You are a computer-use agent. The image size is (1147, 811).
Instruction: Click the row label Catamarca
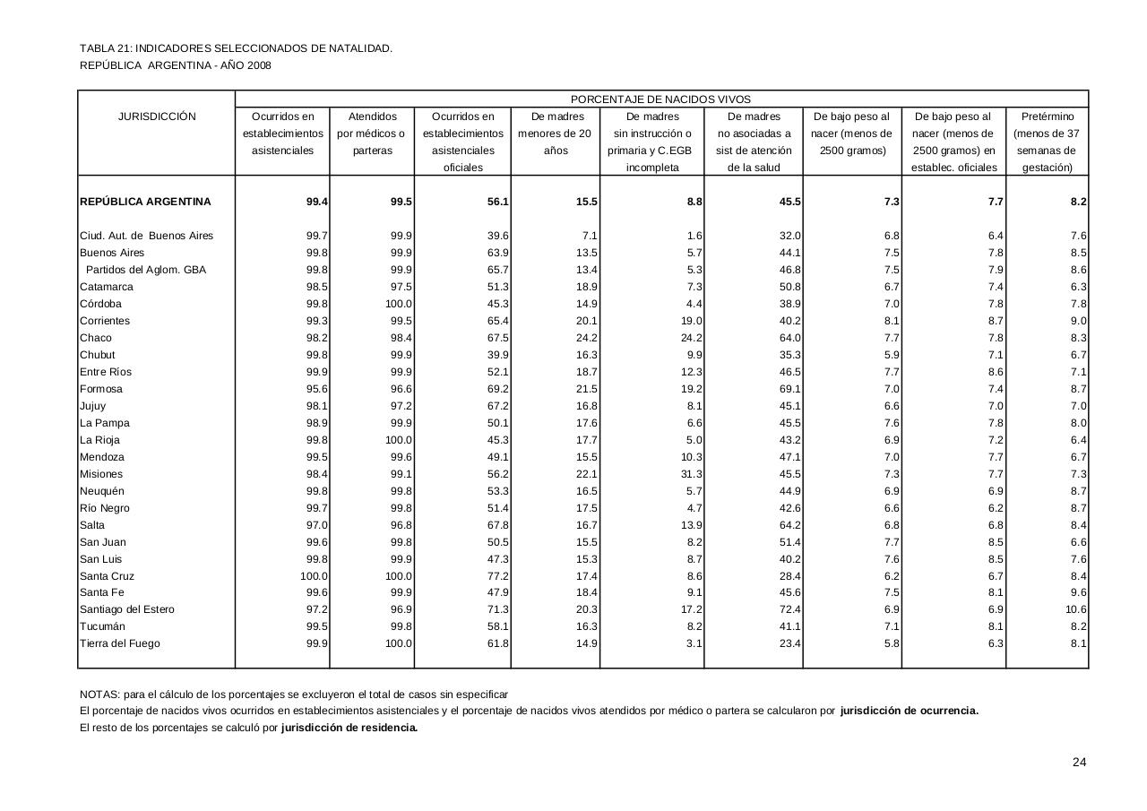point(107,287)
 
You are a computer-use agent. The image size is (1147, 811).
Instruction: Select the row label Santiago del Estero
point(127,609)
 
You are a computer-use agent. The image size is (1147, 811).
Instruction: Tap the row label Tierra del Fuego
point(120,643)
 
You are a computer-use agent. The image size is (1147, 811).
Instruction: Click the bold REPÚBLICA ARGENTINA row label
point(145,203)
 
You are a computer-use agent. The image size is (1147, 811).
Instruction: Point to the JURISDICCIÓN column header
point(157,116)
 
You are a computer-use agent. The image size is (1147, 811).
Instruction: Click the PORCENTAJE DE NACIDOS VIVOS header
point(660,99)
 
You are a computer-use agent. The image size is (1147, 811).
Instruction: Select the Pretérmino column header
point(1047,116)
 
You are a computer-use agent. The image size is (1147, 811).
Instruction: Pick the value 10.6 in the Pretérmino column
point(1076,609)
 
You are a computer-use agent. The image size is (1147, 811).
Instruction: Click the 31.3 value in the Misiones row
point(691,474)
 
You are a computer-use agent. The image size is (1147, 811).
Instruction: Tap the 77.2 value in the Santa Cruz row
point(496,576)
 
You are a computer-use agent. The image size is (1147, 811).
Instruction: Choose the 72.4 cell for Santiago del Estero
point(789,609)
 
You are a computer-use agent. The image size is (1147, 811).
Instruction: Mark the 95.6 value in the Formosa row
point(316,389)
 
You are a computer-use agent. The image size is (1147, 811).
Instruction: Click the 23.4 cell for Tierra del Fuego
point(789,643)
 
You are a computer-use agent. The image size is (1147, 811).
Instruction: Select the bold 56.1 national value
point(496,203)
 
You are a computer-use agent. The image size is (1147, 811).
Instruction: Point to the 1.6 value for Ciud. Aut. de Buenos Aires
point(694,236)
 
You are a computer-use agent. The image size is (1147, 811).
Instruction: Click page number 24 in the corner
point(1079,763)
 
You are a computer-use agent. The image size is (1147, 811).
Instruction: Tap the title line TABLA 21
point(236,48)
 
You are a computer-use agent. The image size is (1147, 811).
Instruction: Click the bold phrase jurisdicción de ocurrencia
point(909,712)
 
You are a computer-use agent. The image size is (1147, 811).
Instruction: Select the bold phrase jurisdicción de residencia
point(349,728)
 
